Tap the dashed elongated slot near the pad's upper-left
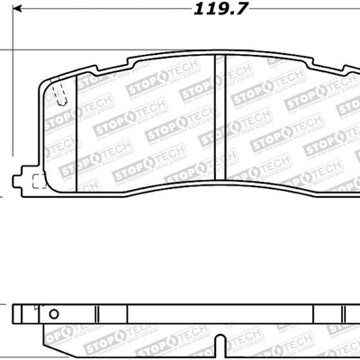pos(60,94)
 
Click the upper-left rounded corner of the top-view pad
pos(47,80)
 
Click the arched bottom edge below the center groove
pos(219,166)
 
